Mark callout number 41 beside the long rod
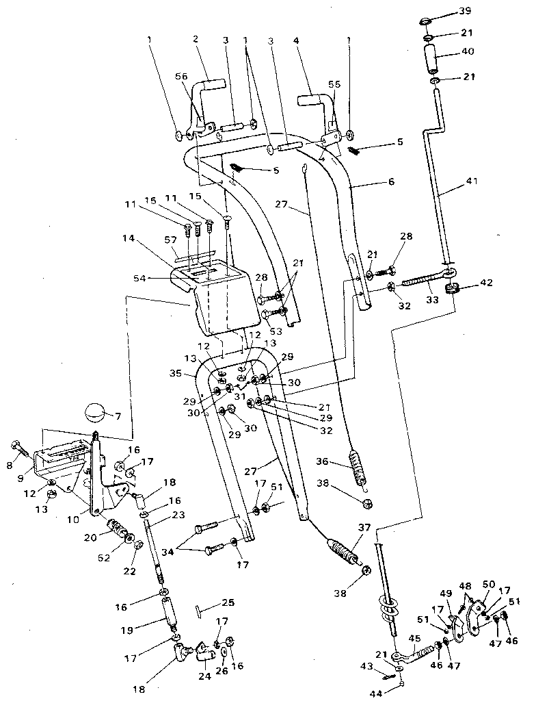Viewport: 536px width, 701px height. [472, 181]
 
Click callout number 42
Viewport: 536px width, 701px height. [485, 281]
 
